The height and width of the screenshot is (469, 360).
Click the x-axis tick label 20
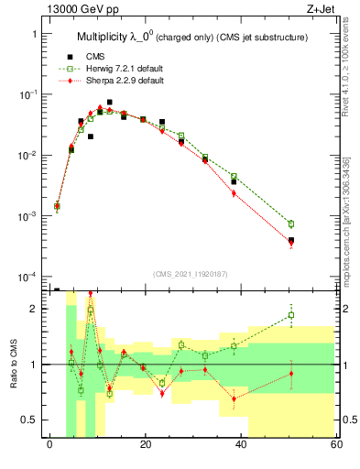click(x=145, y=445)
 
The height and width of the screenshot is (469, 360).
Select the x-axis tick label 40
click(x=240, y=445)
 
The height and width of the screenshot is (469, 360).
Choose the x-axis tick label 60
click(x=335, y=445)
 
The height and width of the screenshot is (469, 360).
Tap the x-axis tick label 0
click(x=49, y=445)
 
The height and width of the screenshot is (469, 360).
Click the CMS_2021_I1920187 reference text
click(x=191, y=273)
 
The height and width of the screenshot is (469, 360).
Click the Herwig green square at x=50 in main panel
click(x=291, y=224)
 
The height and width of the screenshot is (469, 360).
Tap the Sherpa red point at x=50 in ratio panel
click(x=291, y=373)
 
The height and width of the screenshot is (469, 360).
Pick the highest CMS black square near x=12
click(x=110, y=103)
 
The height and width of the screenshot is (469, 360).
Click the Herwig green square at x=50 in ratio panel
click(x=291, y=315)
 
